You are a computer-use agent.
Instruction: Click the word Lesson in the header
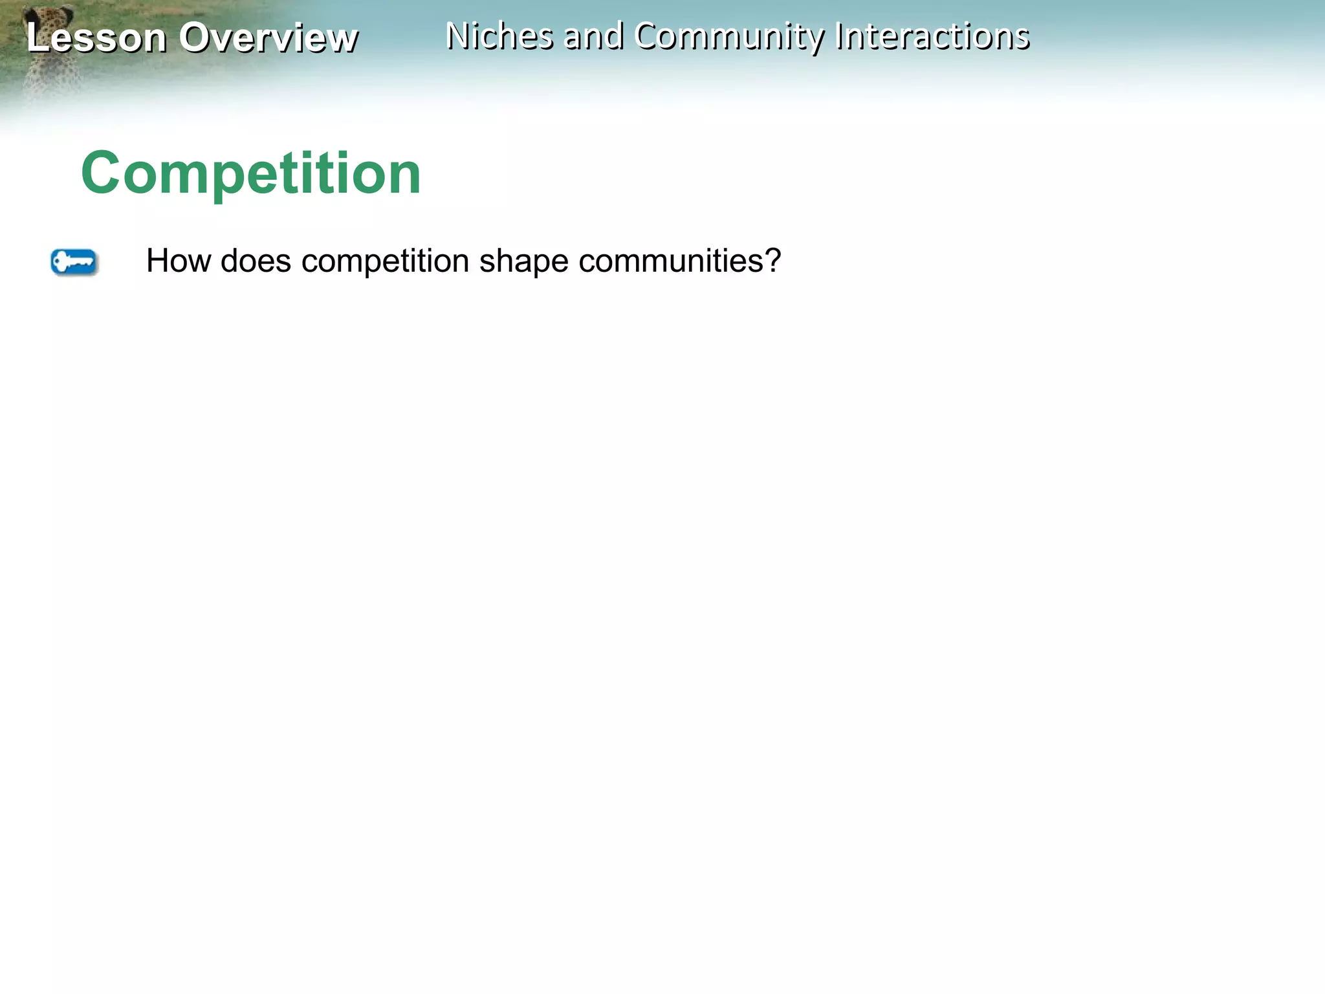(96, 38)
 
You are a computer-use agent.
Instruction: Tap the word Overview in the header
(268, 38)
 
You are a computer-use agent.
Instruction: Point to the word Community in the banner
(729, 37)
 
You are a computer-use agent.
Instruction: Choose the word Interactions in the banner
(932, 36)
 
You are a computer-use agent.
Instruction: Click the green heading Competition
(251, 173)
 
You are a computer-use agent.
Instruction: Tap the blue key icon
(74, 262)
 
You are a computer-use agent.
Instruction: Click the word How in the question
(179, 261)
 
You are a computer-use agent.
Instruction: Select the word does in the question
(256, 261)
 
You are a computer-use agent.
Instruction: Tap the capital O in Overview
(193, 38)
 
